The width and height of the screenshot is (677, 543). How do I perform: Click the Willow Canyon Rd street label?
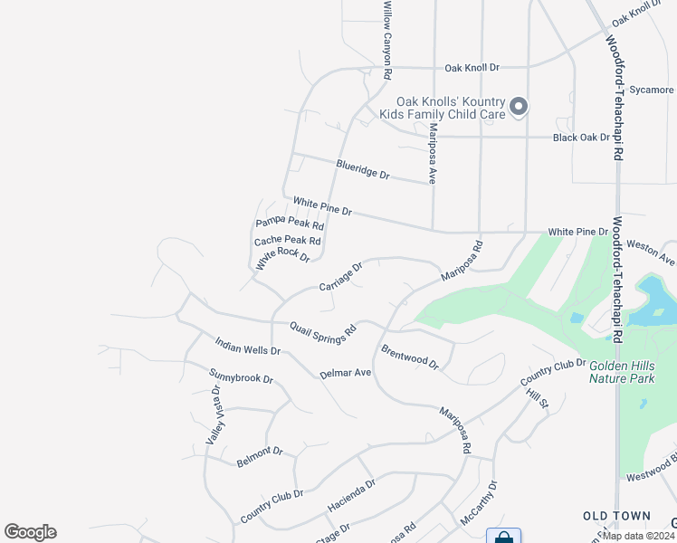click(387, 38)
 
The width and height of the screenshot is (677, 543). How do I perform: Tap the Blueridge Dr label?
click(362, 169)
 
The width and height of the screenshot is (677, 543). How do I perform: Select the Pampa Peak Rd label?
click(290, 223)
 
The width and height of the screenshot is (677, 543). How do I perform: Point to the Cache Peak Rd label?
click(288, 241)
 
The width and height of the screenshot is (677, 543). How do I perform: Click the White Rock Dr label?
click(282, 259)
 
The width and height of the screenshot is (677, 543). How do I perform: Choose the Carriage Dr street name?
click(341, 277)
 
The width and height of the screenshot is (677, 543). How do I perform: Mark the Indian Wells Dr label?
click(248, 345)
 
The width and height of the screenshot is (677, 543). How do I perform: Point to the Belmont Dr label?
click(260, 457)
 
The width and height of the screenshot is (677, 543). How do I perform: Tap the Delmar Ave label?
click(346, 373)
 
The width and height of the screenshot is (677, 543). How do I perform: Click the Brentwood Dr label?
click(410, 356)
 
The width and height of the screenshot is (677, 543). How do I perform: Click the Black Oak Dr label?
click(582, 138)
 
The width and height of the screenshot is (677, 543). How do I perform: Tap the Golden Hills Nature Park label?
click(621, 372)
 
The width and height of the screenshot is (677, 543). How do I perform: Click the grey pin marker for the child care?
click(519, 108)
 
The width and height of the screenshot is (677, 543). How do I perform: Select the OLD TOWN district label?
click(616, 516)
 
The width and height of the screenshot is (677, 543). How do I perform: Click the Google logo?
click(30, 532)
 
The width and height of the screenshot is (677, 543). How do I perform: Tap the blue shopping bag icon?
click(503, 537)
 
